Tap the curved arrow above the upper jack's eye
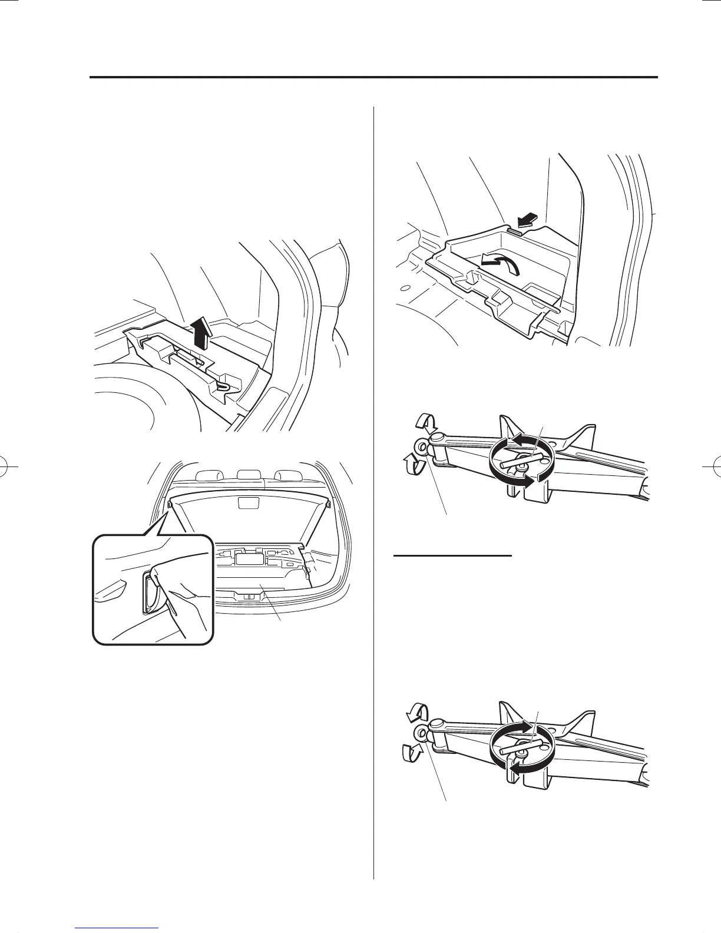pos(424,423)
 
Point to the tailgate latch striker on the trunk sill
pos(250,596)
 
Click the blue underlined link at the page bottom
pos(117,927)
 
